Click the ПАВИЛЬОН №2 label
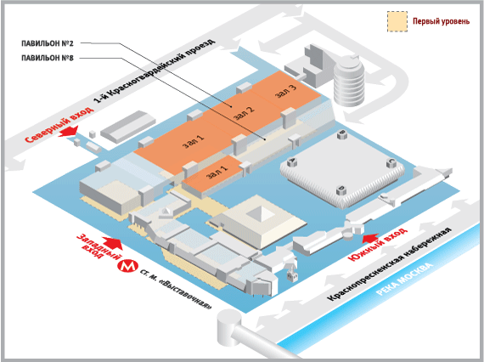48,43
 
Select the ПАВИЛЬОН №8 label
48,58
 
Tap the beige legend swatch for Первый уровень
397,21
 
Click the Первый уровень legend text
441,21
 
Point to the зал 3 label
285,91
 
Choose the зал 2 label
244,113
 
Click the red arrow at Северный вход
68,131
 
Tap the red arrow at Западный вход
112,242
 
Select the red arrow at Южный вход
370,238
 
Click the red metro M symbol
127,266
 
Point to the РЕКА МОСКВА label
405,280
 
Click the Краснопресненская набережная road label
389,264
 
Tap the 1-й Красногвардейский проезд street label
155,71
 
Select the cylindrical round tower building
349,82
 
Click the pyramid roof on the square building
262,212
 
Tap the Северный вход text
59,125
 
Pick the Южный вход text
378,245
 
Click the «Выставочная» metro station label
176,290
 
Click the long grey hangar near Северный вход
128,127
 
